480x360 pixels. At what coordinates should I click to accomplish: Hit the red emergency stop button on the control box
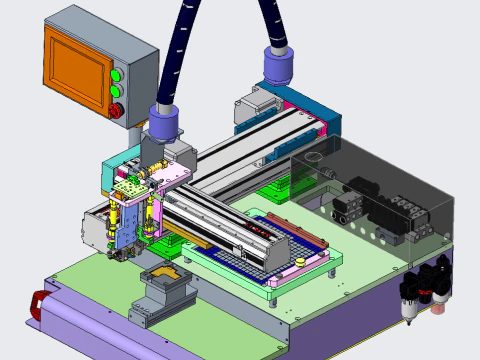[x=115, y=110]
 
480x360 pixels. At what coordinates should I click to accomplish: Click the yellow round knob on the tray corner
[x=301, y=261]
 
